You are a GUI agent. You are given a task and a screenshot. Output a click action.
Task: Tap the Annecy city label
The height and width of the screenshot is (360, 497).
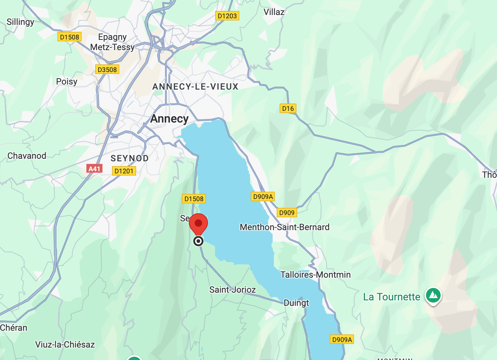(169, 119)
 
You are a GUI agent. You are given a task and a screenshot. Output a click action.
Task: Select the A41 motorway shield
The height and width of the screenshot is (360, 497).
(94, 169)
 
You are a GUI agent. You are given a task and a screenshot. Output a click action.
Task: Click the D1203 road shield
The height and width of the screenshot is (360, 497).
(227, 16)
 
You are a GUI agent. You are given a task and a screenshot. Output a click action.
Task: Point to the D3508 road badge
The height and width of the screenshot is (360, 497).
(107, 70)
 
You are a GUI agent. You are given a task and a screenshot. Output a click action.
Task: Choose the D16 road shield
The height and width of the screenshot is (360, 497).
(288, 108)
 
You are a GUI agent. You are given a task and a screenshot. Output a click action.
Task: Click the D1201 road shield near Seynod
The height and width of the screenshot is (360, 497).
(124, 171)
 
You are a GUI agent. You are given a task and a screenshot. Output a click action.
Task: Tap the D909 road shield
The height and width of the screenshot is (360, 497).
(287, 213)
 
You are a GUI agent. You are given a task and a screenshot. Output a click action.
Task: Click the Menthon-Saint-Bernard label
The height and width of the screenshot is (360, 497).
(284, 227)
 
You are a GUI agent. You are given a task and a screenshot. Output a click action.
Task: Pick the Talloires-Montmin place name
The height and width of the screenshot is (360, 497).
(315, 275)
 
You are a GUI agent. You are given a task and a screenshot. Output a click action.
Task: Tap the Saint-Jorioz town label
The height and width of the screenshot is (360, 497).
(232, 290)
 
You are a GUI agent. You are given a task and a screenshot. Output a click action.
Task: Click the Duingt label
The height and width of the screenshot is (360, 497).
(296, 303)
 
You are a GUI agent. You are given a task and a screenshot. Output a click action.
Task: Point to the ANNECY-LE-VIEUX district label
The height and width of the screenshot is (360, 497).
(195, 87)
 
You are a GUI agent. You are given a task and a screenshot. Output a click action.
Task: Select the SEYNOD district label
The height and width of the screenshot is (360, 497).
(130, 158)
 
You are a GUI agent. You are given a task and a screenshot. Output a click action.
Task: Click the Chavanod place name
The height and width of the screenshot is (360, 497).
(27, 156)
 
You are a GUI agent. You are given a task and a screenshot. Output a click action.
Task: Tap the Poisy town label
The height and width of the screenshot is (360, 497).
(67, 82)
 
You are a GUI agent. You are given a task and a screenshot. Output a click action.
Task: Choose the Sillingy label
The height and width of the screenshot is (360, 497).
(20, 22)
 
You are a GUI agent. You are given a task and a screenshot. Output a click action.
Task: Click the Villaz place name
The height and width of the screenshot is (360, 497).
(274, 12)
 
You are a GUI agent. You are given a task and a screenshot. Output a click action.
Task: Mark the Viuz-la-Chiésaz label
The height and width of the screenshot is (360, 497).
(65, 345)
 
